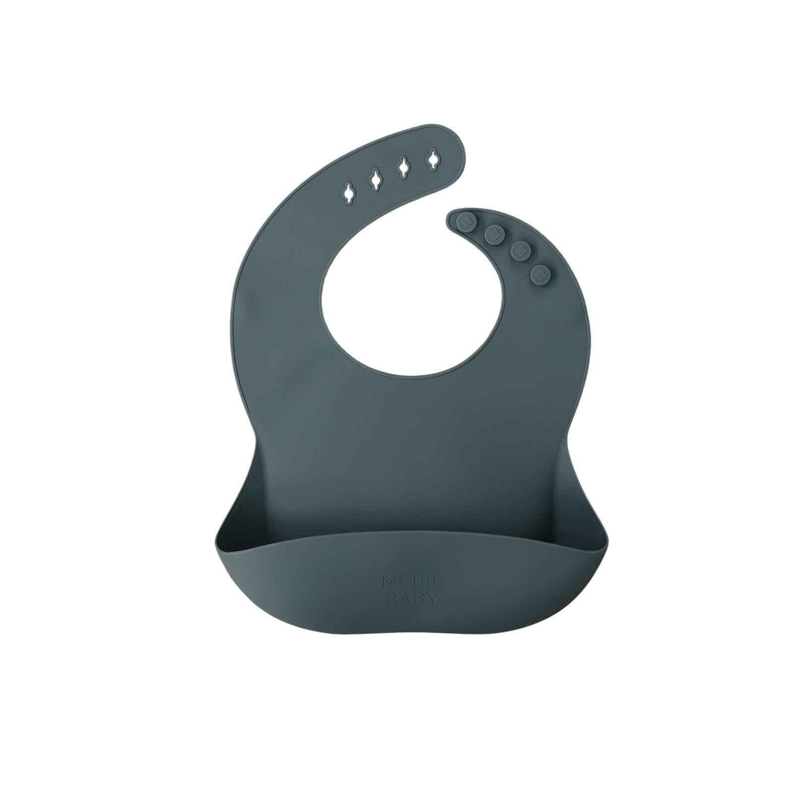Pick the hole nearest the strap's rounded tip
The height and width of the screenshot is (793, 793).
coord(433,160)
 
